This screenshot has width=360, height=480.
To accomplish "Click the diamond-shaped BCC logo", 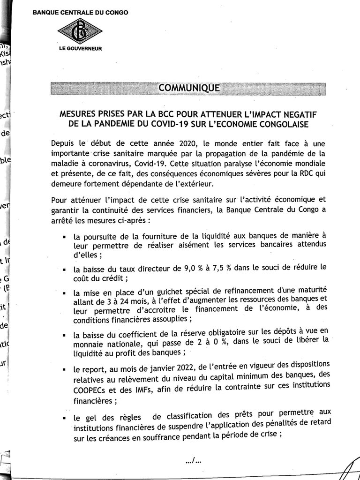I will (79, 30).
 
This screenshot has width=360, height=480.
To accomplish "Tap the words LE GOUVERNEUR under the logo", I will (80, 48).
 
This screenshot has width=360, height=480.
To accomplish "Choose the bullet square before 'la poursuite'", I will (63, 238).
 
